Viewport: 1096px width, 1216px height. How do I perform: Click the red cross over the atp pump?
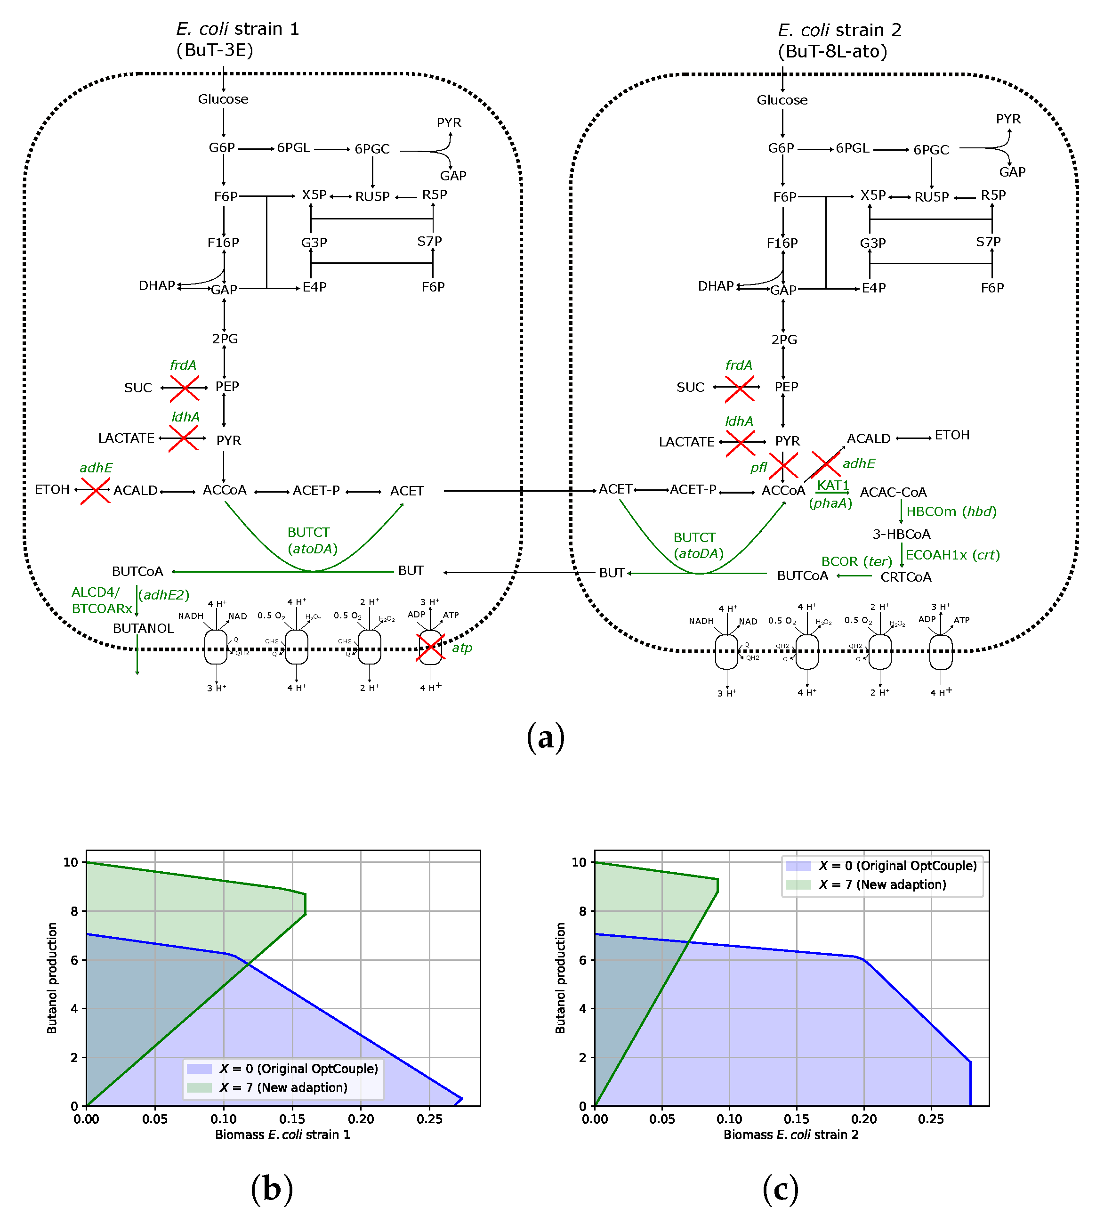[x=430, y=648]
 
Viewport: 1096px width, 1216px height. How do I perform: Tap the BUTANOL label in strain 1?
[x=143, y=628]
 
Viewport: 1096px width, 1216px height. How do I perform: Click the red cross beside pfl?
[x=783, y=466]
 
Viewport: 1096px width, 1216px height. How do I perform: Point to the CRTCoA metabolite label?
[x=906, y=577]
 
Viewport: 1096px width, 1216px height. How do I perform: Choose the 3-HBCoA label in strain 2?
[x=902, y=534]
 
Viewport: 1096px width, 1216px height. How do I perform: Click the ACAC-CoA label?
[x=893, y=492]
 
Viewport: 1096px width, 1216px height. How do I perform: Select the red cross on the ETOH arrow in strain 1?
[x=95, y=491]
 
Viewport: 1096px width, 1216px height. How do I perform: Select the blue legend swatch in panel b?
[x=199, y=1069]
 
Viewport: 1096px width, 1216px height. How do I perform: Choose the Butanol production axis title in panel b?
[x=52, y=978]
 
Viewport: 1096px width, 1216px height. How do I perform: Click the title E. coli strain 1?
[x=238, y=29]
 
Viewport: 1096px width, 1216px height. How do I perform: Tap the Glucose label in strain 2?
[x=782, y=100]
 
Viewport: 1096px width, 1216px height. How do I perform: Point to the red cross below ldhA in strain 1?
[x=183, y=438]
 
